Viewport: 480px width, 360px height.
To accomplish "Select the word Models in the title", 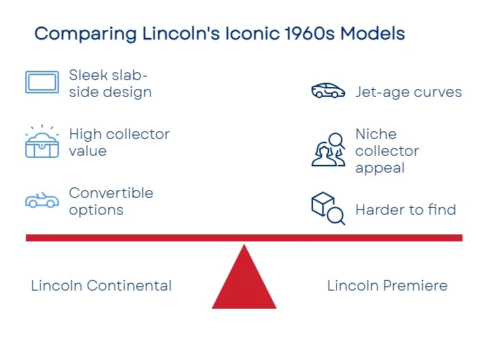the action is [x=373, y=34].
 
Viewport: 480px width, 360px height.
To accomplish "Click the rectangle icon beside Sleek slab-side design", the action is [x=42, y=82].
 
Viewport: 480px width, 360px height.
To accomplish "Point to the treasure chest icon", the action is [x=42, y=142].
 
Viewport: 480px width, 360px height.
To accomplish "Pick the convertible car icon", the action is [x=42, y=201].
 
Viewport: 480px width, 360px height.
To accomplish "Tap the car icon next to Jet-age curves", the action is [x=328, y=91].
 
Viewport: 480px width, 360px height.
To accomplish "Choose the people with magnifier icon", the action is [x=328, y=149].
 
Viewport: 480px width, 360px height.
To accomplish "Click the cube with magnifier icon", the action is [x=328, y=208].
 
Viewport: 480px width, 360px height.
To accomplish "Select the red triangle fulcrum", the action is [x=244, y=281].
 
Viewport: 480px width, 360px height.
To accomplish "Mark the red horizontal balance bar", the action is [x=244, y=238].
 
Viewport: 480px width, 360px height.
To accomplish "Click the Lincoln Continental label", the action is [x=101, y=286].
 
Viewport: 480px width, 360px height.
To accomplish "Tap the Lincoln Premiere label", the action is [x=387, y=286].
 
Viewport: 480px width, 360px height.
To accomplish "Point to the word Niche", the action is [x=376, y=134].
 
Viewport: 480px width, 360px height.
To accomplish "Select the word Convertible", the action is [x=111, y=193].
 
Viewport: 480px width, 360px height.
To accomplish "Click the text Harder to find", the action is [x=406, y=210].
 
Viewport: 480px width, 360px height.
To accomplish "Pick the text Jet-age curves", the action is [x=408, y=92].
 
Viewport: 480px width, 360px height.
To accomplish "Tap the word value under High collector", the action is [x=88, y=151].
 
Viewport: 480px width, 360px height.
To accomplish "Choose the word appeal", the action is [x=380, y=168].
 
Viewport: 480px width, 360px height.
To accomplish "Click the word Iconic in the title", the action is [x=252, y=34].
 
